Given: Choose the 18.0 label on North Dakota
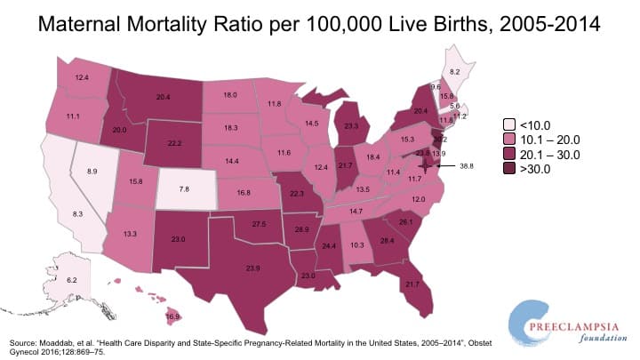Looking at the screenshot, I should tap(228, 94).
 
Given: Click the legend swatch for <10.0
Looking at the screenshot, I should tap(508, 125).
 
